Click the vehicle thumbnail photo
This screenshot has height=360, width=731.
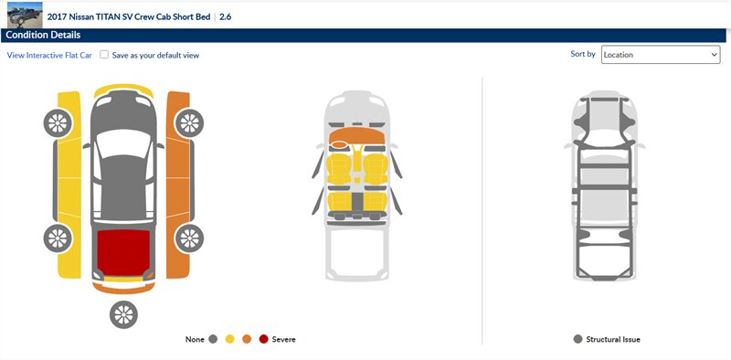pos(25,15)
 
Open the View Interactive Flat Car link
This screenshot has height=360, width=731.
pos(49,55)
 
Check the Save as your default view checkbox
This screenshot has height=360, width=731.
pos(104,55)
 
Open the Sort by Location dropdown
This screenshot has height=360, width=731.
pos(661,55)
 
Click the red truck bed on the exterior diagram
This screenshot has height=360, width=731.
pos(123,252)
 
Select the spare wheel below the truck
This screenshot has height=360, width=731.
pos(123,314)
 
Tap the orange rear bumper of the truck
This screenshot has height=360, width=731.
pos(123,288)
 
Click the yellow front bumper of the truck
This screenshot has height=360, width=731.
pos(123,89)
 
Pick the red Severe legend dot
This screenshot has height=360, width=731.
pos(263,340)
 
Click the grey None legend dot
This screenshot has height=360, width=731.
pos(214,340)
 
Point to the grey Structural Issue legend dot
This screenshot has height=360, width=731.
pos(578,339)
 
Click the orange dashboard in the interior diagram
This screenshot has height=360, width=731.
pos(357,135)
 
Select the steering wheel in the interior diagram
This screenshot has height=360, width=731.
pos(339,144)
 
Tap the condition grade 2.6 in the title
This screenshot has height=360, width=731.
pos(225,17)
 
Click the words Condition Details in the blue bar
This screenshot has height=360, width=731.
pos(43,35)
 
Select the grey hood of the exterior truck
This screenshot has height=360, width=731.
pos(123,111)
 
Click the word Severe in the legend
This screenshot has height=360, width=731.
pos(283,340)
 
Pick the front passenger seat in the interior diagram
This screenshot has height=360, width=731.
pos(376,169)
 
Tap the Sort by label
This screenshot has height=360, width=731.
pos(583,54)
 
